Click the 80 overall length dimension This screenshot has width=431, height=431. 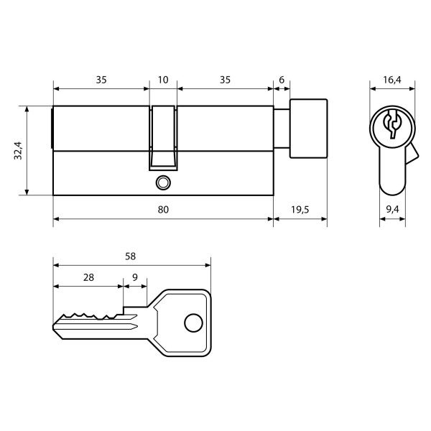pyautogui.click(x=163, y=210)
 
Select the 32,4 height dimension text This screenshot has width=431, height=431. pyautogui.click(x=19, y=151)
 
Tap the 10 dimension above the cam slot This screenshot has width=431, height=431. pyautogui.click(x=163, y=80)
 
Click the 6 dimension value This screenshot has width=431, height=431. pyautogui.click(x=282, y=80)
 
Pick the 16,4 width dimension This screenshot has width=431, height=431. pyautogui.click(x=391, y=80)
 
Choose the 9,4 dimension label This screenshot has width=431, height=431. pyautogui.click(x=391, y=210)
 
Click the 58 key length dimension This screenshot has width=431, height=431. pyautogui.click(x=130, y=256)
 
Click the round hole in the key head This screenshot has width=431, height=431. pyautogui.click(x=193, y=323)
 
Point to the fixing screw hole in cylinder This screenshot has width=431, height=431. pyautogui.click(x=163, y=183)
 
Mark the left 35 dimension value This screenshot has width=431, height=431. pyautogui.click(x=101, y=80)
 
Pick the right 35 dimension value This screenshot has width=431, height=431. pyautogui.click(x=225, y=80)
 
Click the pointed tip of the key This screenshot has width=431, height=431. pyautogui.click(x=55, y=328)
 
